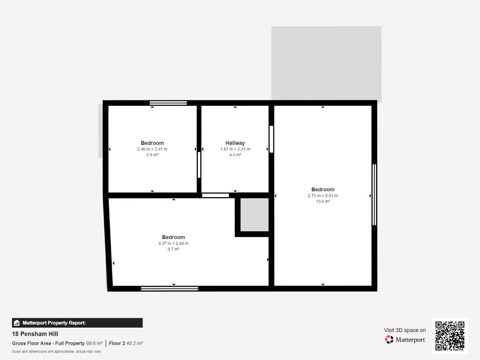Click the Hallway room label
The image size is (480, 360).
coord(235,143)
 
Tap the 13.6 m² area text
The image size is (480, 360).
coord(323,202)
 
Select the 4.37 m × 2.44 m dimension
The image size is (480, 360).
coord(173,243)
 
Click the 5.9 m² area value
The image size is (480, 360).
coord(152,155)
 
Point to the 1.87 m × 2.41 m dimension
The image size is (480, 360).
coord(235,149)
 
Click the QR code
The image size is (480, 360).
coord(450,336)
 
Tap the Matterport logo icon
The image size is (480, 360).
coord(389,339)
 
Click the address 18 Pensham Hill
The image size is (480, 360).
coord(35,334)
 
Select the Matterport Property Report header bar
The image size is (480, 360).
coord(77,323)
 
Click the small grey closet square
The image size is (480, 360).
coord(254,215)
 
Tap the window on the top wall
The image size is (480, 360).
coord(168,103)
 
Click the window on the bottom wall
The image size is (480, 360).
coord(169,288)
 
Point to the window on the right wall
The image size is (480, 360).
coord(374,195)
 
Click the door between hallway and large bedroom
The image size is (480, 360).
coord(271,139)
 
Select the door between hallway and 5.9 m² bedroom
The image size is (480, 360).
coord(199,165)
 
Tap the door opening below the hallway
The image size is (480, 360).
coord(215,195)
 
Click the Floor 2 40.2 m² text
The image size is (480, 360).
coord(126,343)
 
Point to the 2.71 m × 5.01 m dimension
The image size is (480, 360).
coord(323,196)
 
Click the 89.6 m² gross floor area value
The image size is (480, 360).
coord(94,343)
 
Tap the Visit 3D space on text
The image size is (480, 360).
coord(405,330)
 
